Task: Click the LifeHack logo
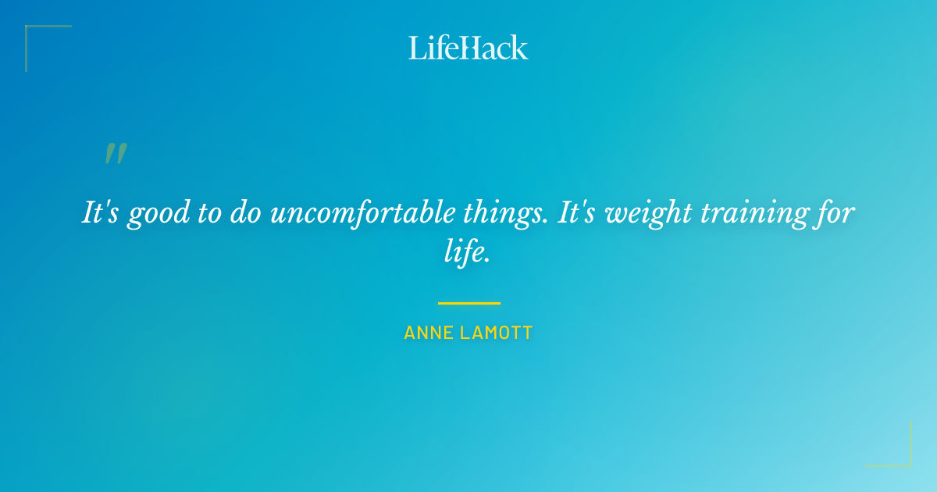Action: pos(468,48)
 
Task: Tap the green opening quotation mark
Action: pos(116,154)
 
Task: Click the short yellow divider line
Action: pos(468,303)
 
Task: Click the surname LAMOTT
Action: pos(496,333)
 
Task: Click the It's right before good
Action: pos(101,212)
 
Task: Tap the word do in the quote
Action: pos(246,212)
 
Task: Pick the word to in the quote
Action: pos(208,212)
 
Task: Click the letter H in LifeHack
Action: pos(468,48)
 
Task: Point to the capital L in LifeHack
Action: pos(415,48)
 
